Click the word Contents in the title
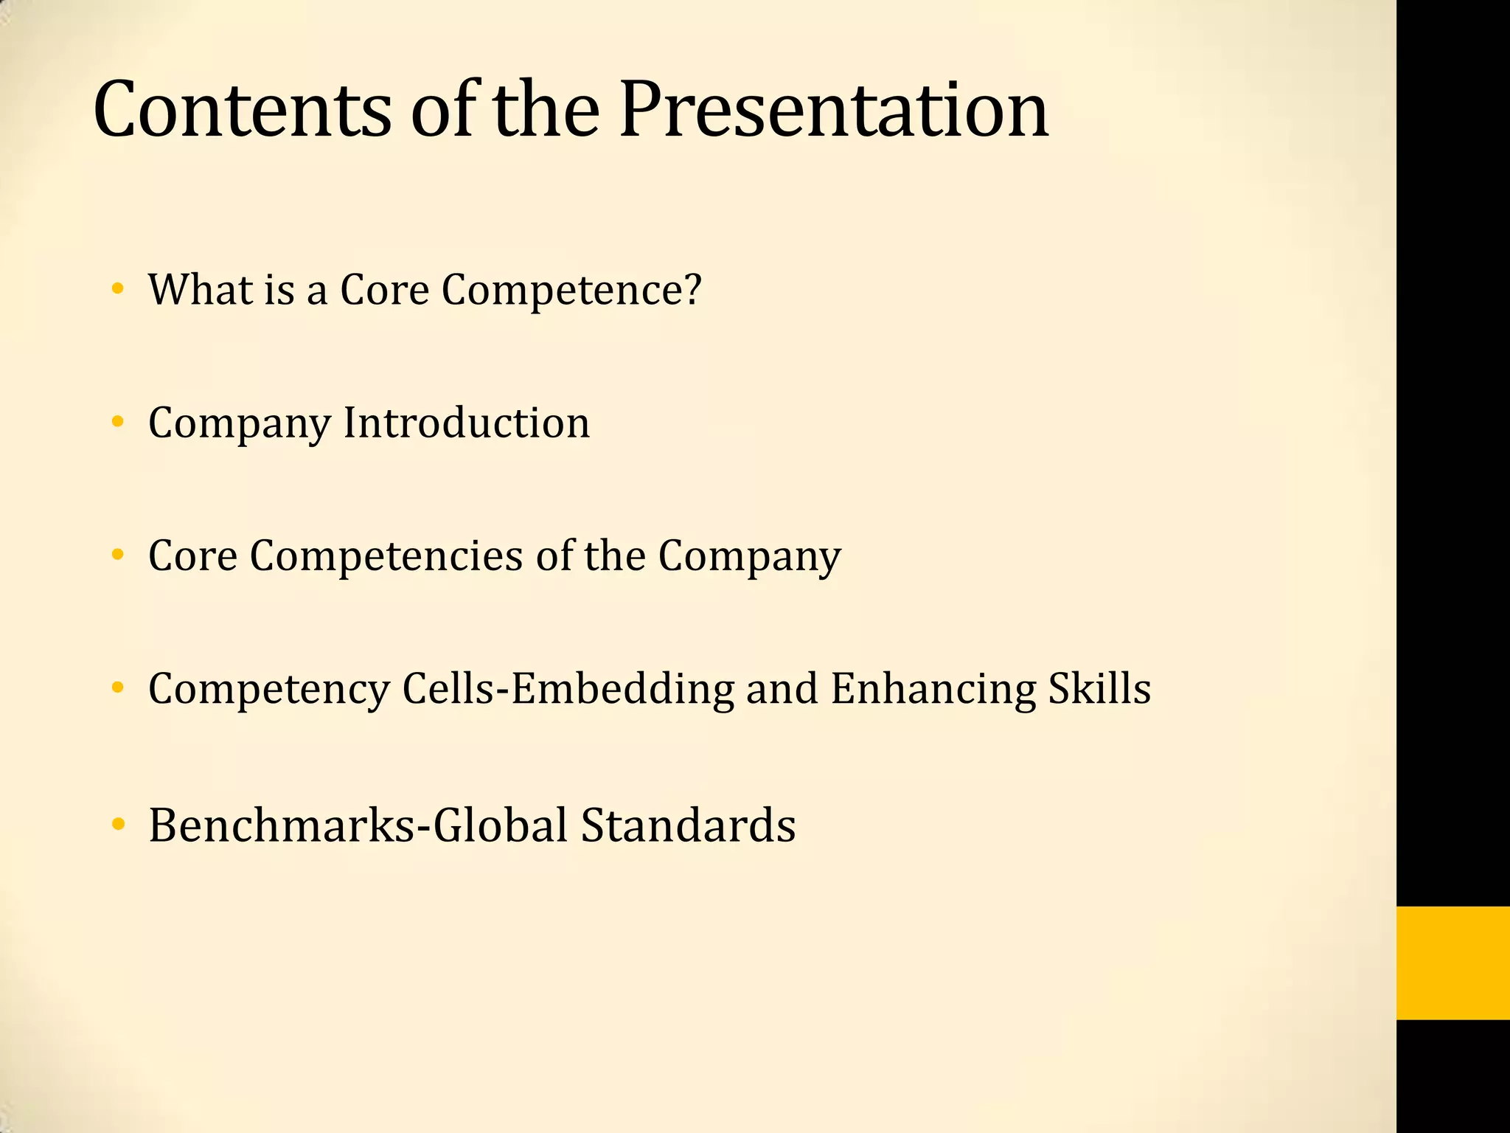(x=242, y=111)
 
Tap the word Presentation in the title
(x=833, y=111)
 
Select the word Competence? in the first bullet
(x=571, y=290)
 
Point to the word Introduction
(x=466, y=423)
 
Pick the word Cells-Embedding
(x=568, y=689)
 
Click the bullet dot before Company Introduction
(x=116, y=423)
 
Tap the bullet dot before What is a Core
(x=116, y=289)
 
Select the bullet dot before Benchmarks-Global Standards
(x=116, y=825)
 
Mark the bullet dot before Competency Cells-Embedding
(x=116, y=689)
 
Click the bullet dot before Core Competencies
(x=116, y=555)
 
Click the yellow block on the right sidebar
(x=1452, y=963)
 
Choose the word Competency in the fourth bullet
(x=269, y=689)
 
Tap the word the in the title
(x=546, y=111)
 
